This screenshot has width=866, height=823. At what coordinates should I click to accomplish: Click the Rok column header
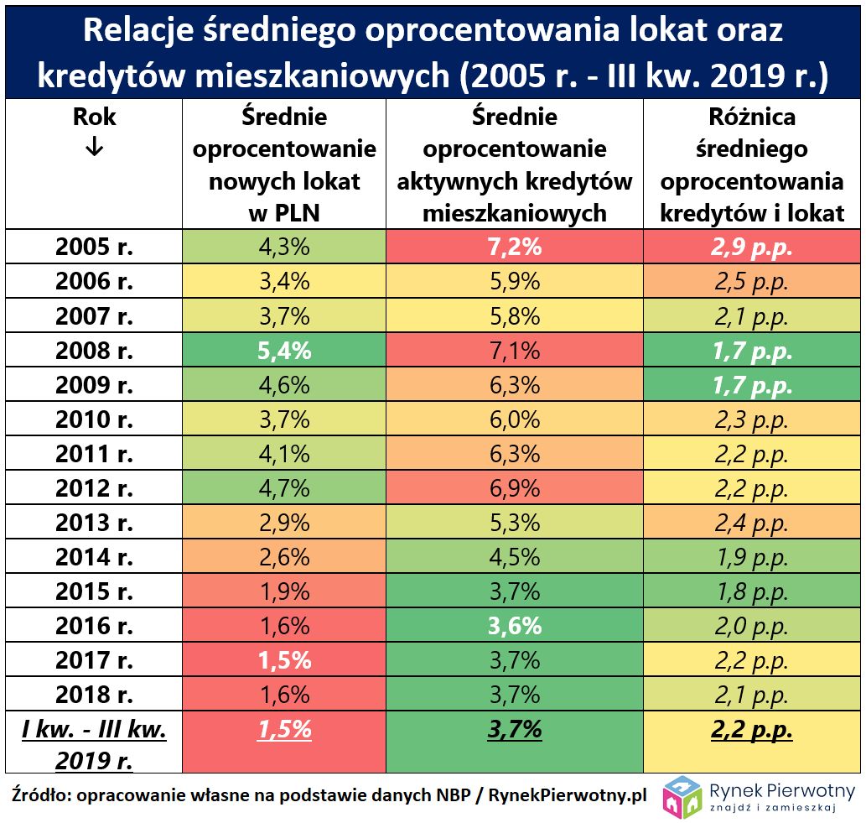(x=93, y=117)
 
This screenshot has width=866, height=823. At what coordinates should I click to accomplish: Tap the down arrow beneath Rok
(x=93, y=147)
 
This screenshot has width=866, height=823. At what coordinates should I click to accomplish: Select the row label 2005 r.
(x=94, y=247)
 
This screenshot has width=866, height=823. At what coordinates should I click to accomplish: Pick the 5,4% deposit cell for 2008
(x=283, y=350)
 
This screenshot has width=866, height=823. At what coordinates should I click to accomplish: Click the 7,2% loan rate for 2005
(x=515, y=247)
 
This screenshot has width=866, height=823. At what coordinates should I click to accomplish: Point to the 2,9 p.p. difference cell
(x=752, y=247)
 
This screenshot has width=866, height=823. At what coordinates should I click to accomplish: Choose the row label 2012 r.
(x=94, y=487)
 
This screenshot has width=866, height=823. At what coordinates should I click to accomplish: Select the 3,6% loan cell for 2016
(x=515, y=625)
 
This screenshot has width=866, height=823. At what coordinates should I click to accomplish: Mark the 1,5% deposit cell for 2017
(x=283, y=659)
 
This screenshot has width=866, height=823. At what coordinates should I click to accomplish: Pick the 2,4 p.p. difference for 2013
(x=752, y=522)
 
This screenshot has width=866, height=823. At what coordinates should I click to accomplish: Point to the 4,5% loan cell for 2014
(x=515, y=556)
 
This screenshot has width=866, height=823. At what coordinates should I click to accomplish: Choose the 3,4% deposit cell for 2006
(x=283, y=281)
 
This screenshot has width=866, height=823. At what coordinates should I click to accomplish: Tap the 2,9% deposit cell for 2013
(x=283, y=522)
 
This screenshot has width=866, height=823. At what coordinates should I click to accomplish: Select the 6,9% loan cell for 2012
(x=515, y=487)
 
